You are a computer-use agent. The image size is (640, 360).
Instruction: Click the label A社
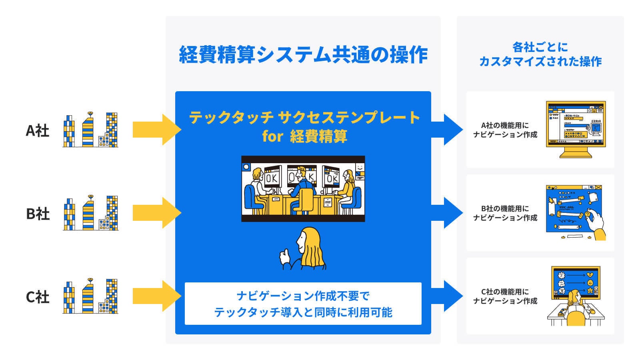37,130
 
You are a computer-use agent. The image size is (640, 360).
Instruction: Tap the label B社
38,214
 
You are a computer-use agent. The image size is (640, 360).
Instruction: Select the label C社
37,297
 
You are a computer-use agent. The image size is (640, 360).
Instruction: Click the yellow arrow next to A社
156,129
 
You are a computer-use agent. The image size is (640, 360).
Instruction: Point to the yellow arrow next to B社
156,212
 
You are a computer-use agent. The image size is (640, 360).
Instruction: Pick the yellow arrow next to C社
156,296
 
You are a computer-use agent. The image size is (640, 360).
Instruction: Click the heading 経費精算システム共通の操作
303,55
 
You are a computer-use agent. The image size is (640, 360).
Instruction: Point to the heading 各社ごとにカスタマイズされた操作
540,54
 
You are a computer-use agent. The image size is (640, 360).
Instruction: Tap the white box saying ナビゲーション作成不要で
303,304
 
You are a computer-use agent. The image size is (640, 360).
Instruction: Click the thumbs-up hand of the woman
285,256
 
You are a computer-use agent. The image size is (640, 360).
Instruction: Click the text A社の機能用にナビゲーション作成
505,130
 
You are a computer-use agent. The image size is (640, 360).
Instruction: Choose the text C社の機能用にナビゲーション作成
505,296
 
